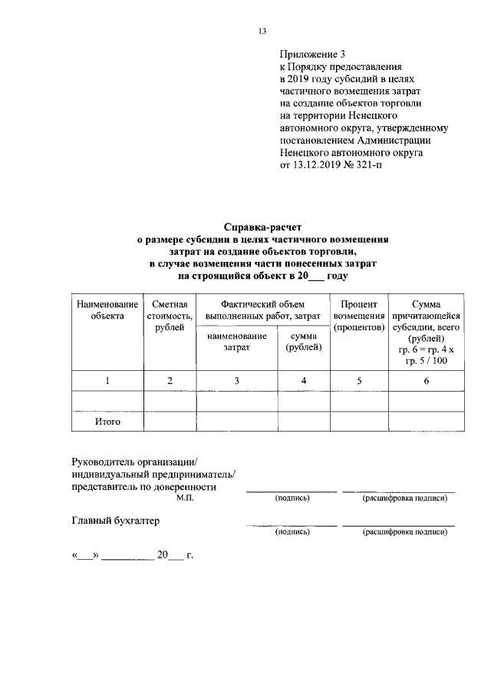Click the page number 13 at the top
tap(262, 31)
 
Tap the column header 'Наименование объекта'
tap(107, 311)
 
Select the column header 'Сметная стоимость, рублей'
tap(170, 316)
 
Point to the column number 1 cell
tap(107, 381)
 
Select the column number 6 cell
tap(425, 381)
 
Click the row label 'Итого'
tap(107, 422)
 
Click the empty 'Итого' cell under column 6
tap(425, 422)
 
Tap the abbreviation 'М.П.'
tap(185, 498)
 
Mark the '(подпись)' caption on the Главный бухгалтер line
tap(292, 531)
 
